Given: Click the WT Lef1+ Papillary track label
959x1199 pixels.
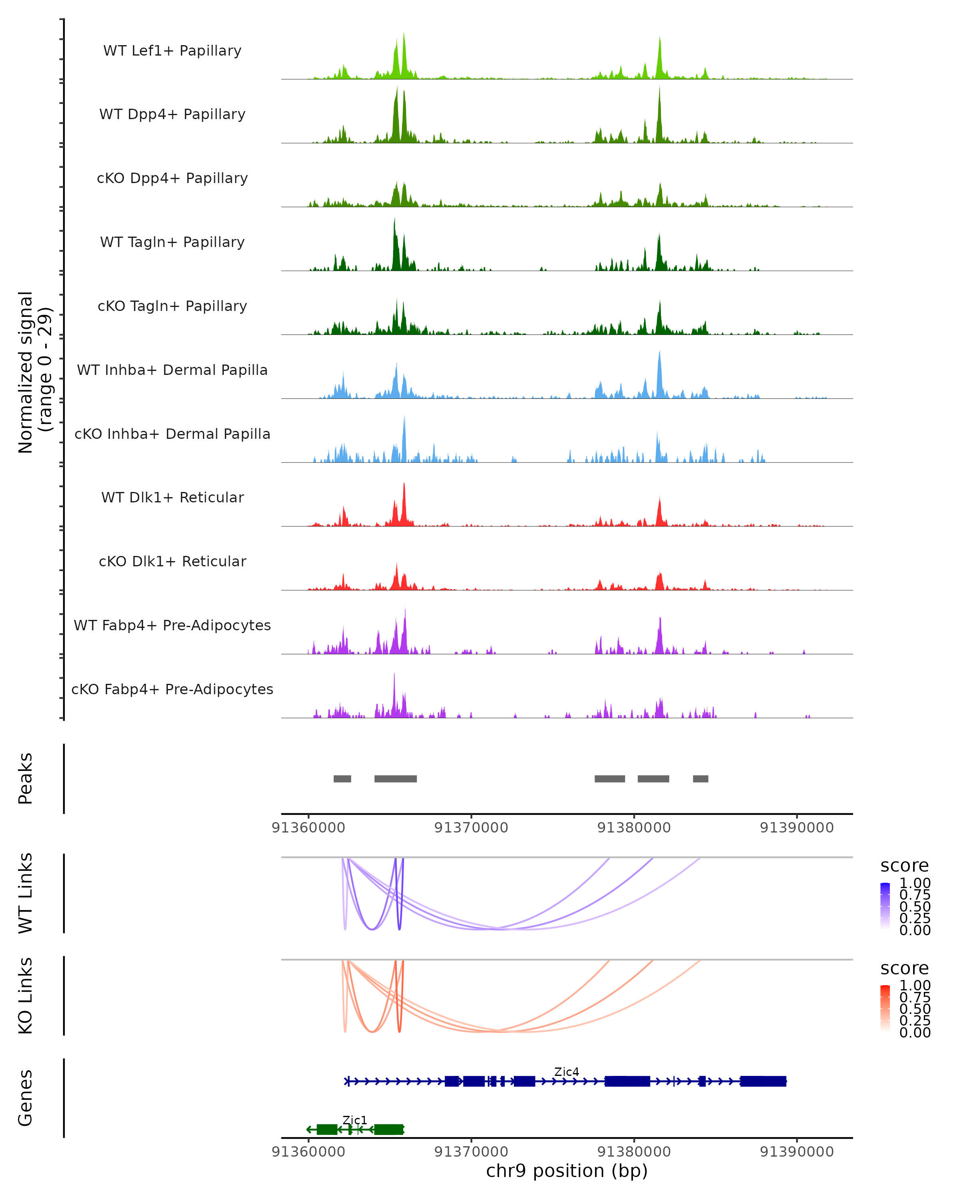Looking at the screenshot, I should [172, 51].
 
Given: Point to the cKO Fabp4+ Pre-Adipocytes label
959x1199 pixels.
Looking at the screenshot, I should [172, 689].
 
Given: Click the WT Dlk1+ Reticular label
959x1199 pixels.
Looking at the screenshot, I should [172, 497].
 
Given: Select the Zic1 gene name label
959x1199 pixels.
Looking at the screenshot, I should [355, 1120].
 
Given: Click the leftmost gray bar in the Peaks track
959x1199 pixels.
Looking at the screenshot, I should [342, 779].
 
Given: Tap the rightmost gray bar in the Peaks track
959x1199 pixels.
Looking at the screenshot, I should [700, 779].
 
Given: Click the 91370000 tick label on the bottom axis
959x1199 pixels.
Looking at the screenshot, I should [471, 1152].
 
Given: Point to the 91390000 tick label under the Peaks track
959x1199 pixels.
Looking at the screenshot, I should [797, 828].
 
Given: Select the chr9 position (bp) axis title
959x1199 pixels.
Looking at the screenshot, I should [567, 1171].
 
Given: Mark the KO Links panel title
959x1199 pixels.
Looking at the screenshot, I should [26, 996].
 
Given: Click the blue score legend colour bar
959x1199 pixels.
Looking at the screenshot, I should [885, 906].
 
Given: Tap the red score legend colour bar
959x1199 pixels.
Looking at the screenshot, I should [885, 1008].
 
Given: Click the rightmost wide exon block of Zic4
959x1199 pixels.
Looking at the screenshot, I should [763, 1081].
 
